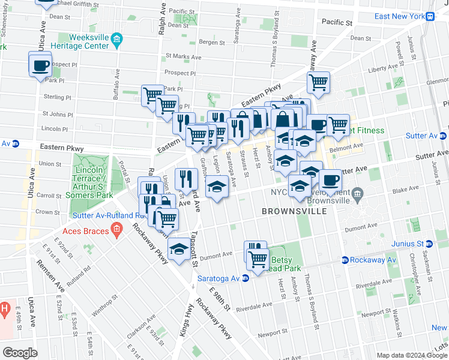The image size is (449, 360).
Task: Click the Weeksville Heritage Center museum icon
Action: (116, 41)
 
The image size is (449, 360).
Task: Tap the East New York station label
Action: (399, 16)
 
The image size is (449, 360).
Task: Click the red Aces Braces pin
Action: (116, 229)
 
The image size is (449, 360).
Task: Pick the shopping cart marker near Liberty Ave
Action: (318, 82)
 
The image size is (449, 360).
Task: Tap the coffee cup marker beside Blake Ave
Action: (329, 179)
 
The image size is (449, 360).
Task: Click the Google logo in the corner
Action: (20, 353)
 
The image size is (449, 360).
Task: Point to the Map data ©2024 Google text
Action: (411, 355)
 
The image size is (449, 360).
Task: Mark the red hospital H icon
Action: (4, 310)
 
